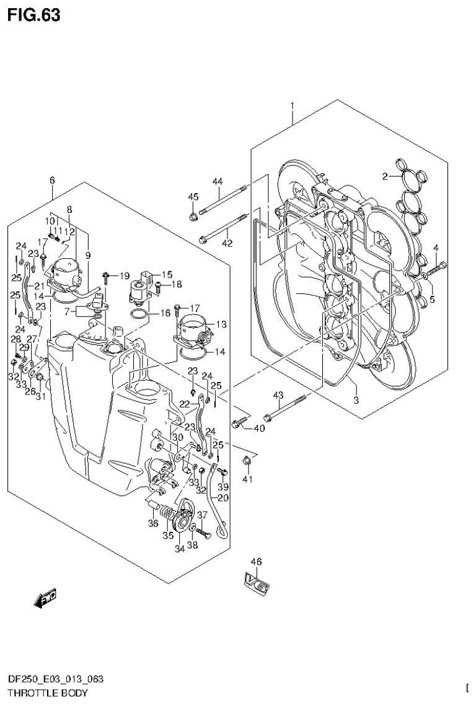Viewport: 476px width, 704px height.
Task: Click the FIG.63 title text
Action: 34,15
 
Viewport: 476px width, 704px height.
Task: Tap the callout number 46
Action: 256,562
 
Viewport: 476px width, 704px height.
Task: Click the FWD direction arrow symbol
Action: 46,597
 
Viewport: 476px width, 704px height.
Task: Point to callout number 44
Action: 217,181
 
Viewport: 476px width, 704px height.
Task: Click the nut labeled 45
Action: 193,217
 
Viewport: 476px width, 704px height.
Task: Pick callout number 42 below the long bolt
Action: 227,243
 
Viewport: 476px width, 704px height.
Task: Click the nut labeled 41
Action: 247,459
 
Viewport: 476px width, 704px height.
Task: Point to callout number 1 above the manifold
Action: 293,106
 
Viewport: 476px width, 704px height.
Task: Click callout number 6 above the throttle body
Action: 52,180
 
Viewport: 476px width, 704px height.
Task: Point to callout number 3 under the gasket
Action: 356,400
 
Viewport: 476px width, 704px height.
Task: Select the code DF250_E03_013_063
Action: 52,680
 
